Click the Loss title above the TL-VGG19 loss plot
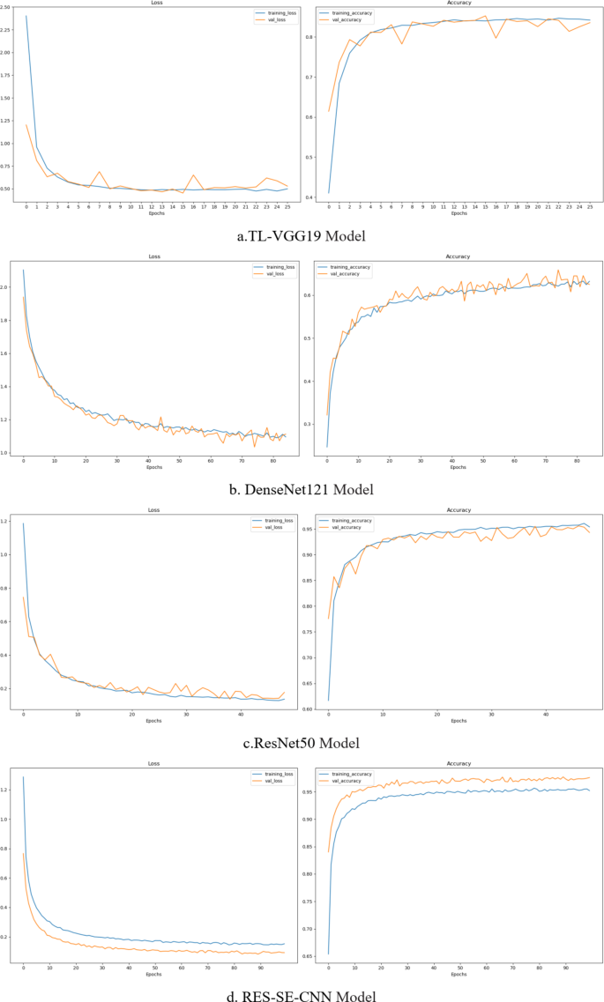[154, 4]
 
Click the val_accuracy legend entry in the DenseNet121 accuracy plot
[350, 274]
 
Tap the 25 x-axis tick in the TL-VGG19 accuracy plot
[589, 207]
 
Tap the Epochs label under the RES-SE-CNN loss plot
[154, 974]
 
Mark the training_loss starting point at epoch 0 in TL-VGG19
[26, 16]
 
